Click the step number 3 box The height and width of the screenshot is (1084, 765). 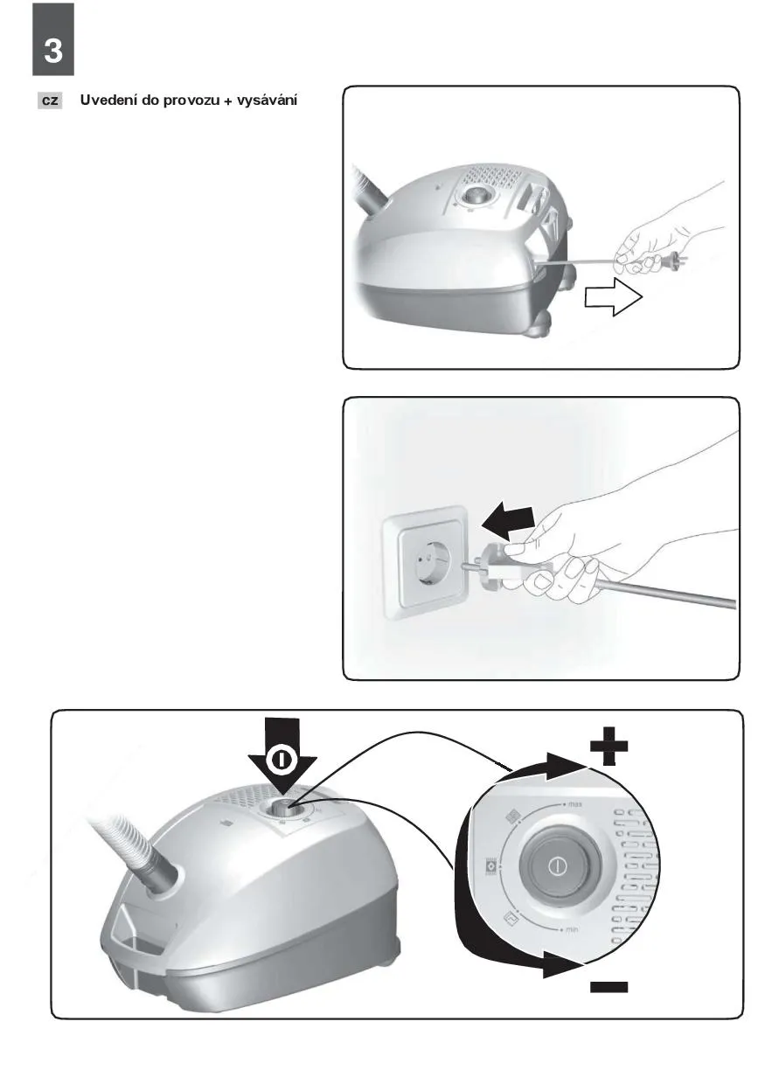(53, 39)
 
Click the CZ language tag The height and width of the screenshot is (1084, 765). (50, 101)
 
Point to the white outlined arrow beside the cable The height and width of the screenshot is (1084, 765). (614, 296)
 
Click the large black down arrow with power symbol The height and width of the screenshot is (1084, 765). (282, 759)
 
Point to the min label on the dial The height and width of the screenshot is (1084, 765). (572, 929)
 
